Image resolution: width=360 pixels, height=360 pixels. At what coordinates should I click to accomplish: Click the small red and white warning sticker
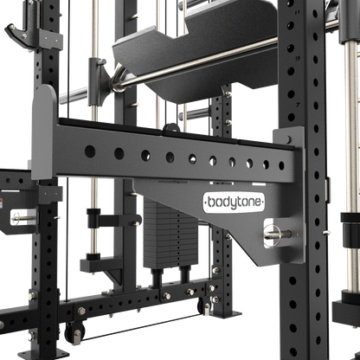pyautogui.click(x=4, y=204)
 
